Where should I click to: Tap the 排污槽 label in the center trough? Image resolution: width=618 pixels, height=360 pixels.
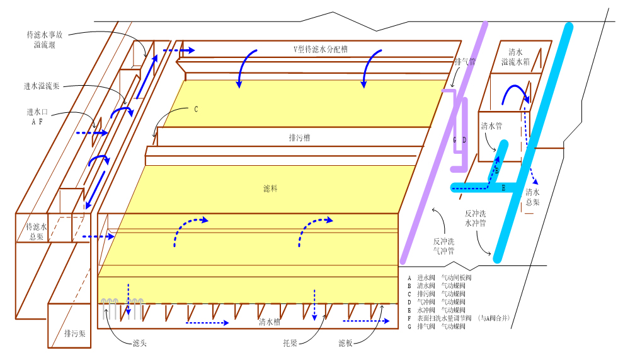coord(300,137)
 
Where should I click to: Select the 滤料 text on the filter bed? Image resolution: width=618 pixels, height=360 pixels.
coord(270,188)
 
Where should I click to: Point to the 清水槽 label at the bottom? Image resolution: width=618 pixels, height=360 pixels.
coord(270,322)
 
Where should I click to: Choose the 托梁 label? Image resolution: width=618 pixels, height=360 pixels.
coord(290,344)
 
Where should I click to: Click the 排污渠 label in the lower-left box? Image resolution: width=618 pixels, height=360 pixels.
coord(76,332)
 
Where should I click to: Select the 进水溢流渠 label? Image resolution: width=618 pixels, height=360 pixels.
coord(43,86)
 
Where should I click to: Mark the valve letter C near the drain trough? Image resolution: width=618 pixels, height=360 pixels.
coord(196,109)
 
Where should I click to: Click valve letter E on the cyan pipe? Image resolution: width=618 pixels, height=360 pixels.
coord(503,187)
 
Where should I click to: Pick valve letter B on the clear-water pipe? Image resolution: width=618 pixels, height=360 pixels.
coord(496,170)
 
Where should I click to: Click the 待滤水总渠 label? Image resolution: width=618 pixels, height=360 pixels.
coord(36,231)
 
